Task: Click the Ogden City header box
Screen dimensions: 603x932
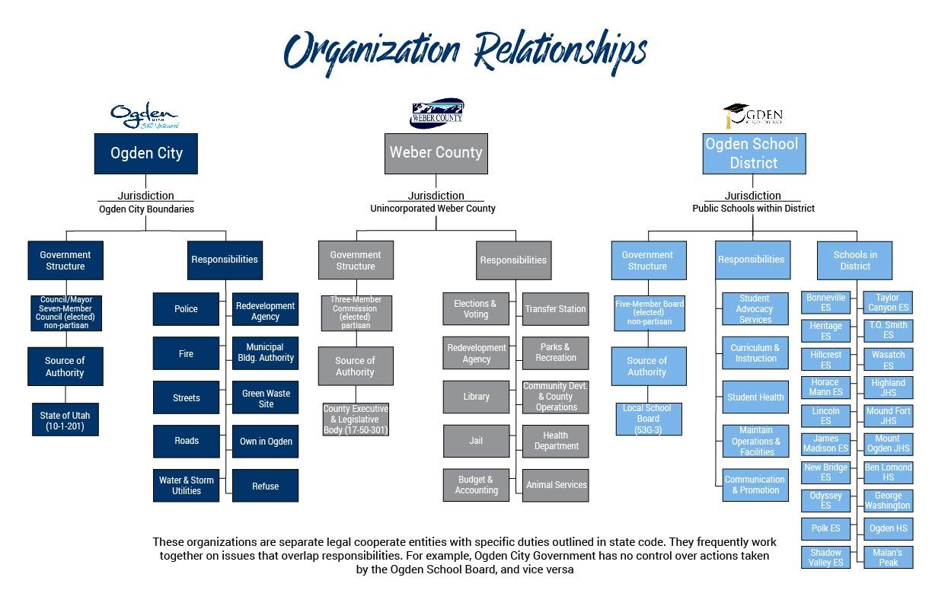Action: click(146, 153)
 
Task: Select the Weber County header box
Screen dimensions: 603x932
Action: click(436, 153)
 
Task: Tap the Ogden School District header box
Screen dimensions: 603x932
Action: click(753, 153)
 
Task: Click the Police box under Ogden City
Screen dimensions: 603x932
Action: click(186, 309)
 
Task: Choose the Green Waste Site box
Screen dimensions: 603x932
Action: click(266, 399)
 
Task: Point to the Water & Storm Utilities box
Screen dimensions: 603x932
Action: click(186, 486)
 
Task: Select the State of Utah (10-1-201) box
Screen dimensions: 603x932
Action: click(65, 421)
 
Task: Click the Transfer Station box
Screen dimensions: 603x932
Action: click(555, 309)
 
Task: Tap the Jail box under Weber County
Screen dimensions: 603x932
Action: click(476, 441)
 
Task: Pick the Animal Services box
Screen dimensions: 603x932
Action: click(556, 485)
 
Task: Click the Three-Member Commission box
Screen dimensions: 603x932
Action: click(356, 313)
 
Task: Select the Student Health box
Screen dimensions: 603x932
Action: click(755, 397)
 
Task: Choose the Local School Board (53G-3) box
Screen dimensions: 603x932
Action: click(647, 419)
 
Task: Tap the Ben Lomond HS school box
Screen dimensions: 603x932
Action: click(888, 472)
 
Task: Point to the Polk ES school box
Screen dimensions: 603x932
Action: click(825, 528)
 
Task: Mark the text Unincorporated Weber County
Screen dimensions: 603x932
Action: click(432, 209)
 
